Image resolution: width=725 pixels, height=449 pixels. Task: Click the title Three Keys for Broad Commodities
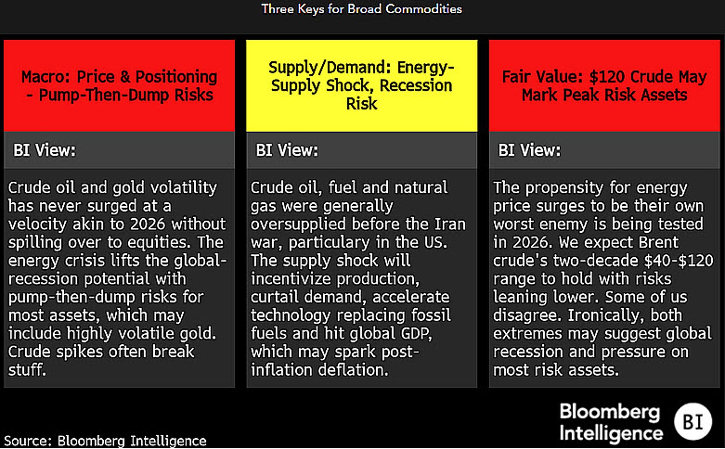(361, 9)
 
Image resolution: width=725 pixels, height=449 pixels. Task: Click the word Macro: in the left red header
(46, 77)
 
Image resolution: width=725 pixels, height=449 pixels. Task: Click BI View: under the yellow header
(287, 150)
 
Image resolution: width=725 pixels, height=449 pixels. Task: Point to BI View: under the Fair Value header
(529, 150)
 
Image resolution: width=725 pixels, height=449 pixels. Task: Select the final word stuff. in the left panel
(27, 370)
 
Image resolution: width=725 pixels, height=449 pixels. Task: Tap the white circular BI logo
(693, 422)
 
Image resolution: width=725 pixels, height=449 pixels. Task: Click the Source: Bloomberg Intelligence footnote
(105, 441)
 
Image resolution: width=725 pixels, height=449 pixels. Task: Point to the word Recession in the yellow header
(416, 86)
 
